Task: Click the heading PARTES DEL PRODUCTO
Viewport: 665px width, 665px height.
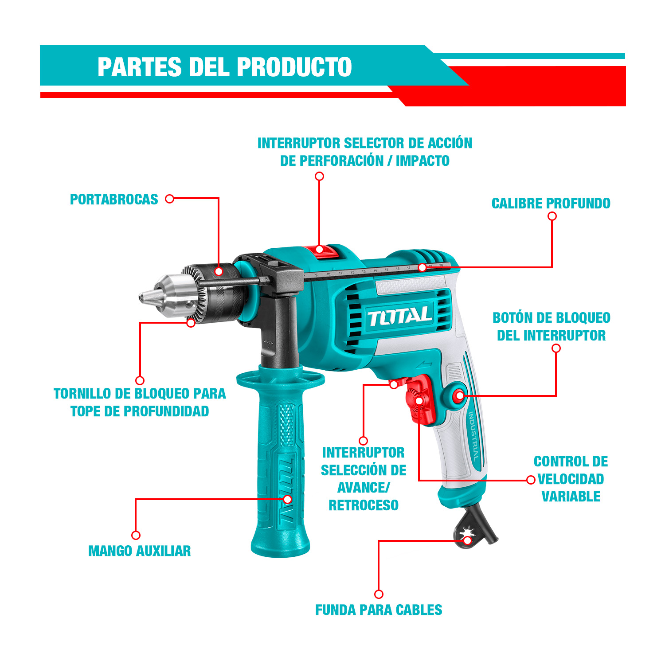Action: (225, 67)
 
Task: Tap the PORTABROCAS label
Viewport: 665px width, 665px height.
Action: (114, 199)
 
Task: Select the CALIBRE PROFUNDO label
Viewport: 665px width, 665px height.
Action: (551, 203)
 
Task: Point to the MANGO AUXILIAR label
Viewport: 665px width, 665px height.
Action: (140, 551)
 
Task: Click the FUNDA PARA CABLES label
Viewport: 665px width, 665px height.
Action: (379, 610)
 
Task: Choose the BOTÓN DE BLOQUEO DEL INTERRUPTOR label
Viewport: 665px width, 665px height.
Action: (552, 327)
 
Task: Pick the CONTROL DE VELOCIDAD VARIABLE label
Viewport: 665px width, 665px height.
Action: (571, 479)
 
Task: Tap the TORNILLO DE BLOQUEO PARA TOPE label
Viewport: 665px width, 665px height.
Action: (140, 402)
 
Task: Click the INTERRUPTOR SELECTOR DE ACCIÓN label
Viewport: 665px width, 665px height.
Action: (365, 152)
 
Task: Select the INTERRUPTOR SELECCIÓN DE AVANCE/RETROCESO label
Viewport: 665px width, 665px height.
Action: (364, 479)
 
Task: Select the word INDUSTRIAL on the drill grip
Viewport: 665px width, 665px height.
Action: (474, 436)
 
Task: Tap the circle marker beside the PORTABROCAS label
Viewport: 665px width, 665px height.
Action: (169, 199)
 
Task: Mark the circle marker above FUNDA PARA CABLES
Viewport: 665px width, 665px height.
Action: (379, 594)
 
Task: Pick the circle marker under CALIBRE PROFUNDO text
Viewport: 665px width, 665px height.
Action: (552, 216)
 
